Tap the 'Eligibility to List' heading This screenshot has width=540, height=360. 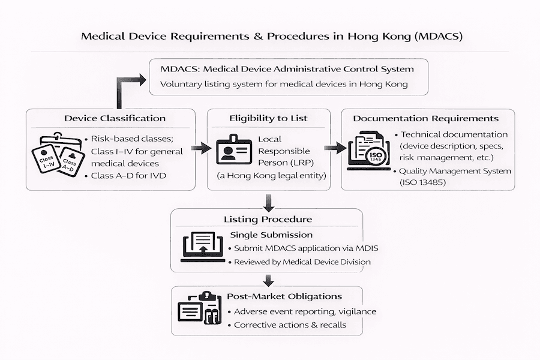coord(268,118)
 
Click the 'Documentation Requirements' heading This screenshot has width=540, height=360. coord(425,118)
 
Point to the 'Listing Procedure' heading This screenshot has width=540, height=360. coord(268,219)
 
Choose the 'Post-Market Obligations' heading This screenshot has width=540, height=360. coord(284,296)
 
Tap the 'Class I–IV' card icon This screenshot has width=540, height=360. coord(47,158)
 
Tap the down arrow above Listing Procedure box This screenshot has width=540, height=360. coord(268,202)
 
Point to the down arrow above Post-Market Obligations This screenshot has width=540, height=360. coord(268,279)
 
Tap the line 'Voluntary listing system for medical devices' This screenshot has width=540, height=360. coord(284,84)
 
